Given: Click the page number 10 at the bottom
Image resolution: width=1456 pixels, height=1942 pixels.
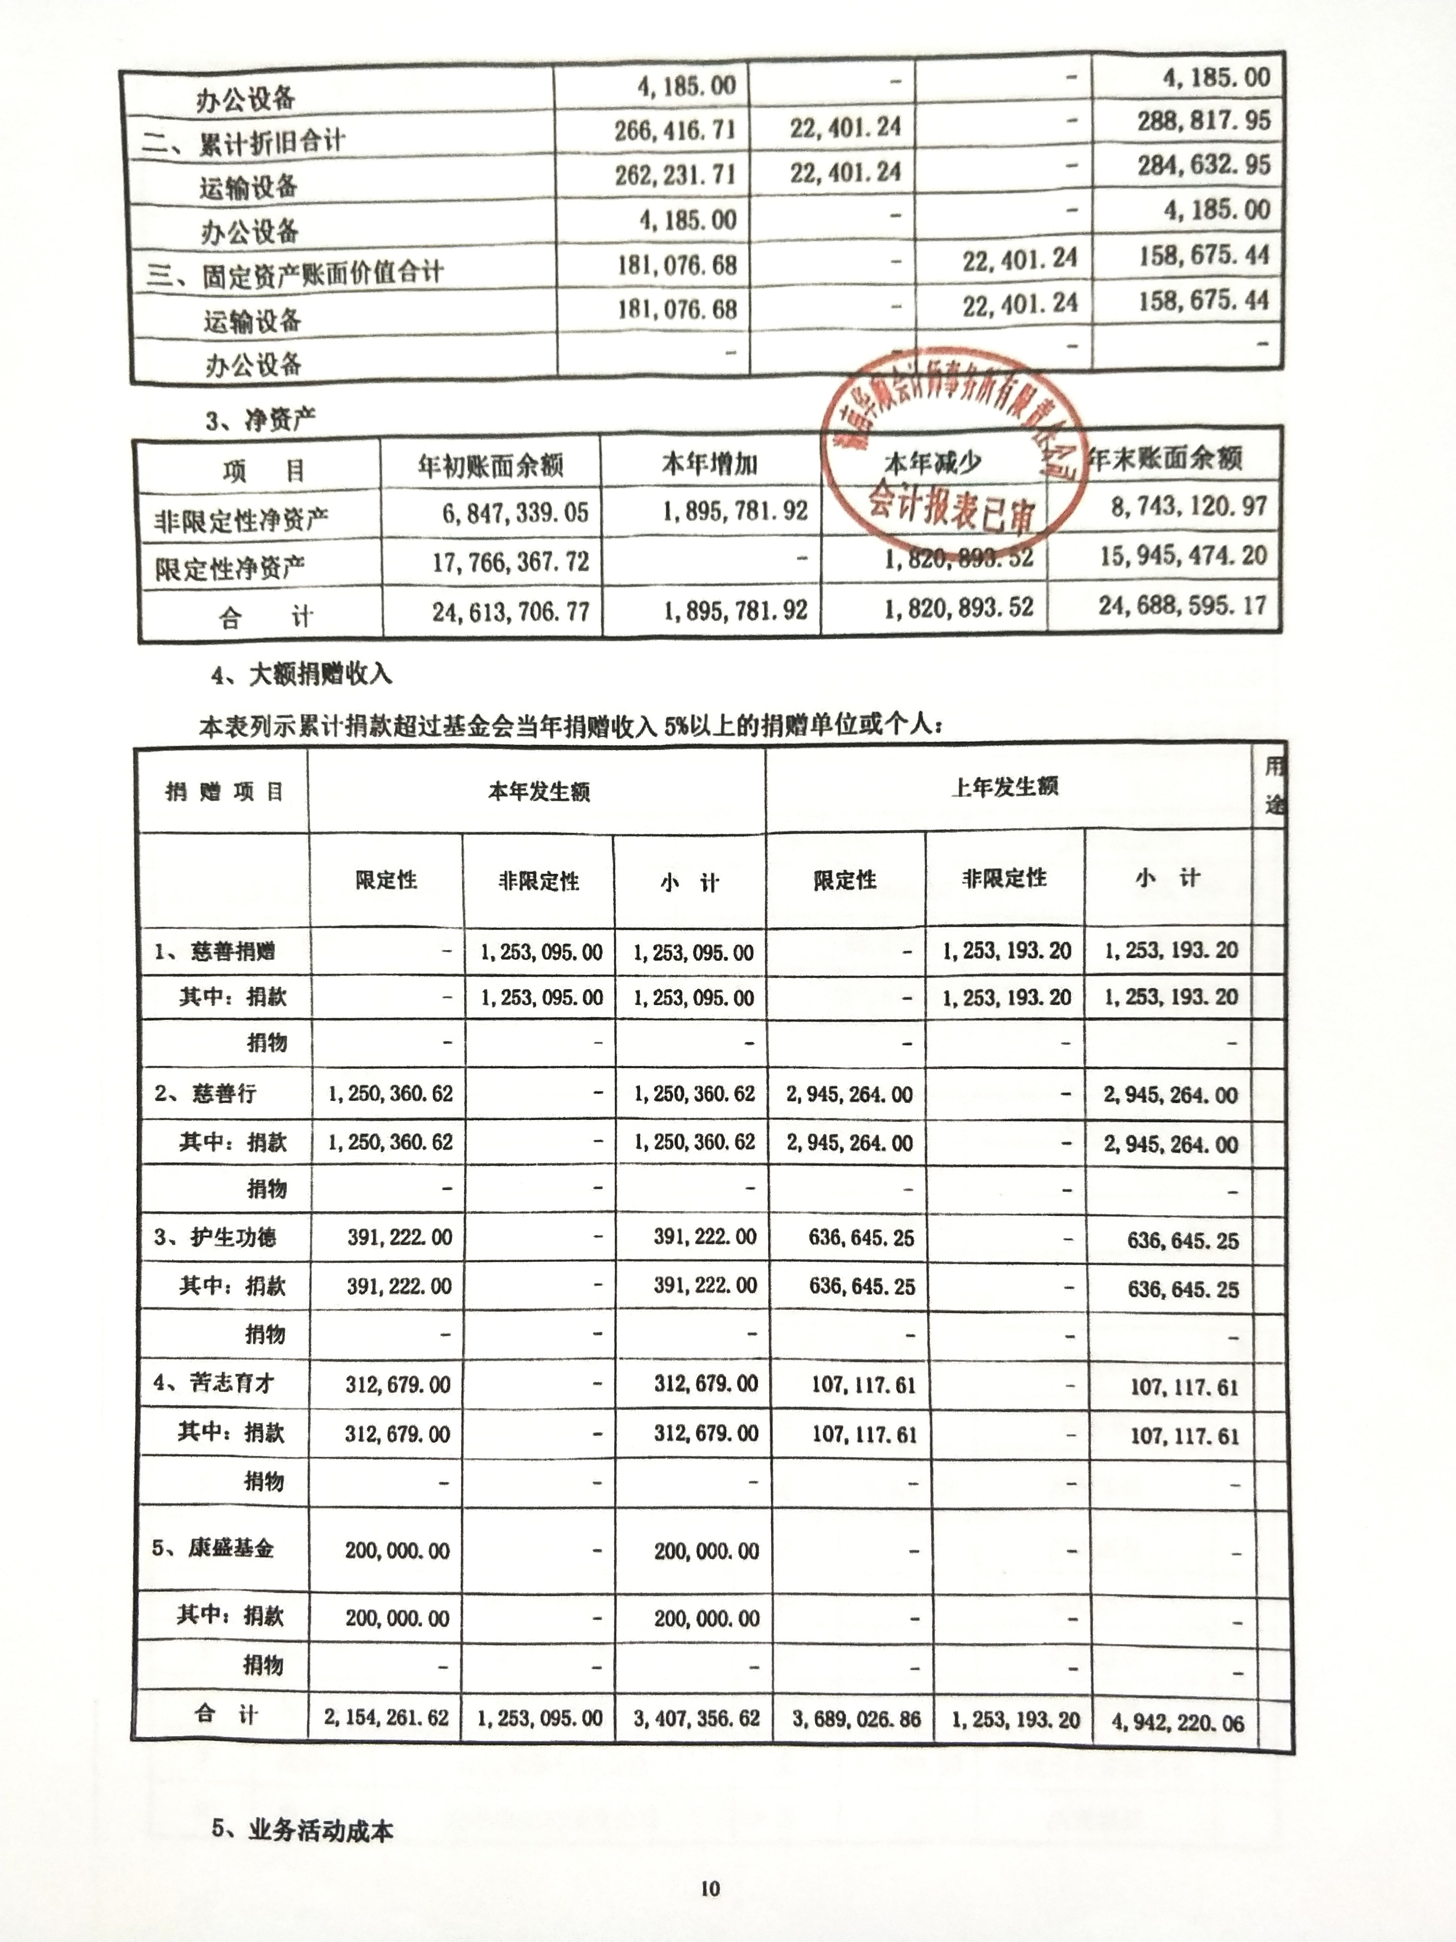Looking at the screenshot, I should tap(710, 1888).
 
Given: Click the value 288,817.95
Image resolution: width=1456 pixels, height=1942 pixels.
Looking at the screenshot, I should tap(1203, 120).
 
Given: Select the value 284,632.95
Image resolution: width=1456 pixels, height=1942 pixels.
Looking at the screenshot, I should tap(1203, 165).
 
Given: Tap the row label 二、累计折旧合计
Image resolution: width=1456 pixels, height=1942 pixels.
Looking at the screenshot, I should tap(243, 140).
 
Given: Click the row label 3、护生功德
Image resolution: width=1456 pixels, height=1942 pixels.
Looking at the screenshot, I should tap(216, 1237).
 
